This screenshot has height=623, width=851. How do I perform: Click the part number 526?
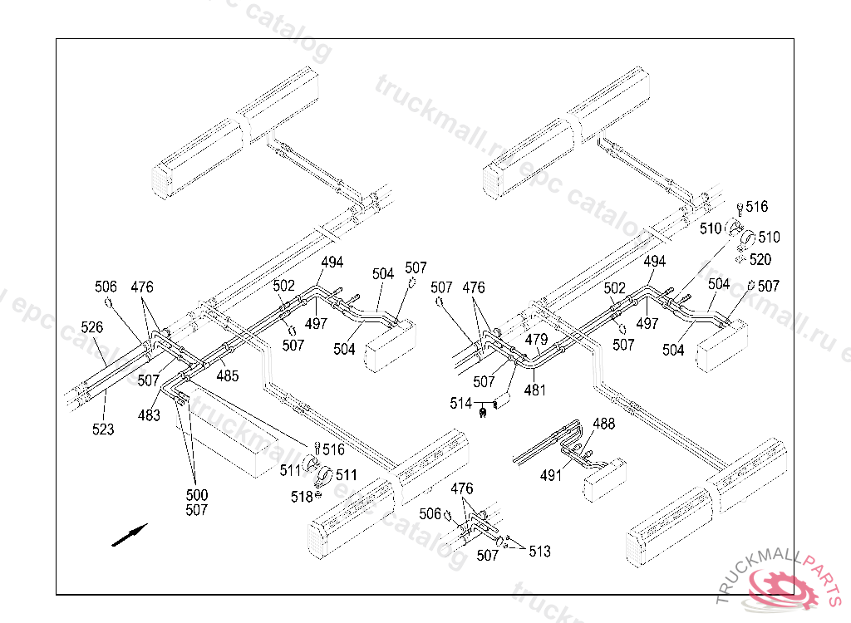tap(92, 327)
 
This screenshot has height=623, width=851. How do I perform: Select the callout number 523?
tap(103, 429)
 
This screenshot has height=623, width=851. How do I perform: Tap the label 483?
tap(150, 415)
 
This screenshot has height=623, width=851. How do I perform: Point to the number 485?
tap(228, 375)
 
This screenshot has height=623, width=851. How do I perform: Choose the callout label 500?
tap(197, 495)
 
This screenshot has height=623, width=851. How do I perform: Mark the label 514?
tap(460, 403)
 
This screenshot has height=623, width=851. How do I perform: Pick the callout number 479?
tap(536, 340)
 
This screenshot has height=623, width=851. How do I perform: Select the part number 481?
tap(536, 389)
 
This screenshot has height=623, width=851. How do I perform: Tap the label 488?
tap(604, 424)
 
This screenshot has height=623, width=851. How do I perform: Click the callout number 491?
tap(551, 476)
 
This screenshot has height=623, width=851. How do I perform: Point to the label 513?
tap(539, 552)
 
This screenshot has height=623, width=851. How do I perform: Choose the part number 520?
tap(760, 259)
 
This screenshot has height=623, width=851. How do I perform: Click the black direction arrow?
tap(130, 535)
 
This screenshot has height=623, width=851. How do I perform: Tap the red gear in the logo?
tap(780, 588)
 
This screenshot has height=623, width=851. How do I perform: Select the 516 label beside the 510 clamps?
tap(757, 207)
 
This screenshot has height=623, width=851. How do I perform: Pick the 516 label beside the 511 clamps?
tap(333, 449)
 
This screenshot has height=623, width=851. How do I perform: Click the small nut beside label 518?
tap(318, 496)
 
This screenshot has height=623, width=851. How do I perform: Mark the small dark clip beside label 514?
tap(483, 409)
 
